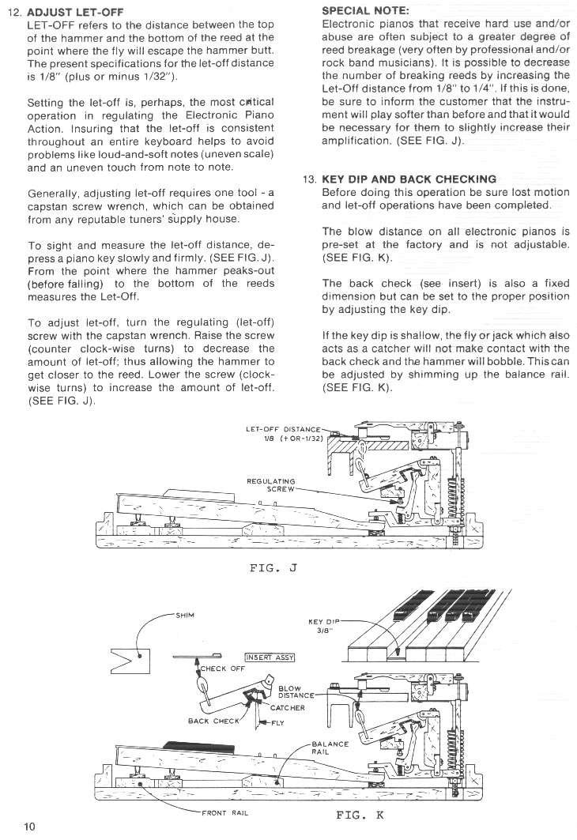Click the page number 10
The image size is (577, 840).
[29, 827]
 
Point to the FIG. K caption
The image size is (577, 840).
[360, 813]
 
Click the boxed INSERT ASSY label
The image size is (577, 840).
[270, 657]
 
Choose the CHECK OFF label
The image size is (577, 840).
[222, 669]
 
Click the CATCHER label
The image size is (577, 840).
[288, 707]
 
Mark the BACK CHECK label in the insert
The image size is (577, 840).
[213, 721]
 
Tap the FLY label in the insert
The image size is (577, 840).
[278, 723]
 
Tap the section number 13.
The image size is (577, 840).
[310, 179]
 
